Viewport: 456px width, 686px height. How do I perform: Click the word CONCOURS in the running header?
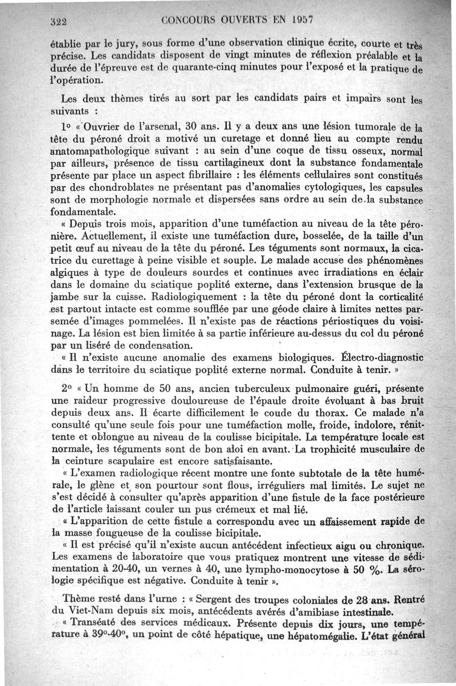click(189, 19)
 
